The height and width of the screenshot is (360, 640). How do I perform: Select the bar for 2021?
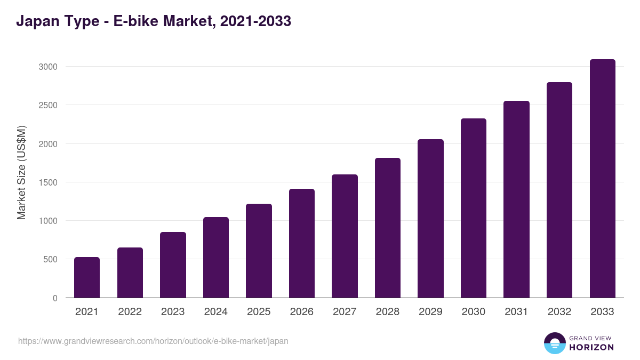87,277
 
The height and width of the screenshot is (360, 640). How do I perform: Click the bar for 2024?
216,258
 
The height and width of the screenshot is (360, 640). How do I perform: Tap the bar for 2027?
345,236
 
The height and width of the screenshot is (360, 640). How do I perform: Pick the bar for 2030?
474,208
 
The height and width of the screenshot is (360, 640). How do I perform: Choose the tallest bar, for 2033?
602,179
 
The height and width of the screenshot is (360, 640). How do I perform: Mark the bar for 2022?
130,273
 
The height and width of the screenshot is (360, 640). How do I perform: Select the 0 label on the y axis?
55,298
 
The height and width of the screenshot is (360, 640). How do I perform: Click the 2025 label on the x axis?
259,312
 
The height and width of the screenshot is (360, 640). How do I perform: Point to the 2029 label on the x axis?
430,312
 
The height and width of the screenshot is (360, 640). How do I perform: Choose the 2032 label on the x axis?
559,312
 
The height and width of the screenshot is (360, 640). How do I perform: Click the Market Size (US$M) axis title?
21,173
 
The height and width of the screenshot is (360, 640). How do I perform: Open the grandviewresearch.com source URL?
153,341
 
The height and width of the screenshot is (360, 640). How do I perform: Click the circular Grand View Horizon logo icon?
554,343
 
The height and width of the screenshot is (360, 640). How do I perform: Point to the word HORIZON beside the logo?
591,347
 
